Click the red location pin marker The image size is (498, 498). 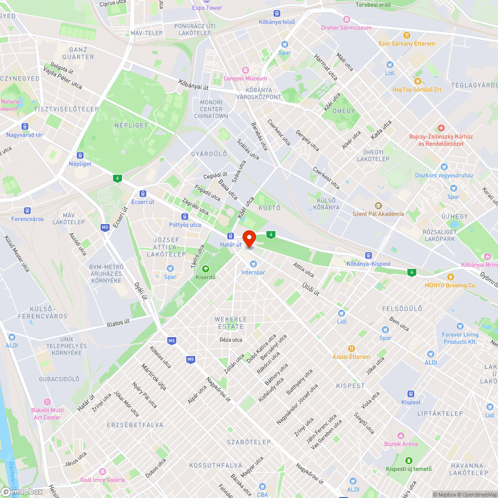point(249,238)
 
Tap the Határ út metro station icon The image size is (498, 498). point(231,236)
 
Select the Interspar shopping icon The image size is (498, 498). point(253,263)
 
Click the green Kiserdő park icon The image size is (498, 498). point(206,268)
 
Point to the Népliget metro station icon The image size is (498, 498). point(80,155)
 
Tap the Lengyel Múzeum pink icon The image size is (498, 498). point(245,70)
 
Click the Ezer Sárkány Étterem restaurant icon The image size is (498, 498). point(407,35)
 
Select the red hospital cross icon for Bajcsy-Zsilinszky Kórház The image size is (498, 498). point(441,128)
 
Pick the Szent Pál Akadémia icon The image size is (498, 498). point(378,205)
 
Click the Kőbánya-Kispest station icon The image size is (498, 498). point(368,255)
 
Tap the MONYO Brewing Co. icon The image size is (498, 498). point(451,276)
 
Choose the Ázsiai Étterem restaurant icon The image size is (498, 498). point(352,348)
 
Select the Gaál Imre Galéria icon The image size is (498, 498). point(103,471)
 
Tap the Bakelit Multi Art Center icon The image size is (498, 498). point(47,402)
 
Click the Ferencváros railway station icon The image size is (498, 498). point(28,211)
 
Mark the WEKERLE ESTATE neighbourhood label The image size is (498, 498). point(230,323)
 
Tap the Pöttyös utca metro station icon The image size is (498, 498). point(185,217)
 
